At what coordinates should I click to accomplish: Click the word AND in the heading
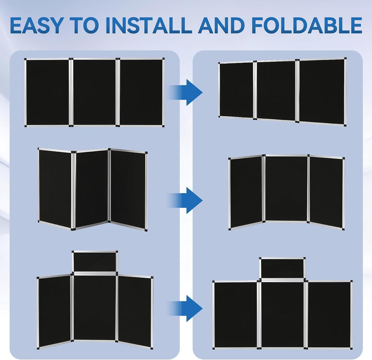221,25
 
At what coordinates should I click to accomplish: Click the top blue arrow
185,92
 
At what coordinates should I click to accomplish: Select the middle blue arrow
185,200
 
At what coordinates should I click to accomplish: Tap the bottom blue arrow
185,308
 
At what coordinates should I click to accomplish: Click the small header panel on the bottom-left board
95,261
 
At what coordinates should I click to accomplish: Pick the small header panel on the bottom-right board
282,268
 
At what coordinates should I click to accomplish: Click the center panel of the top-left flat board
94,92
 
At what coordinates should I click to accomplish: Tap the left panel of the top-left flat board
48,92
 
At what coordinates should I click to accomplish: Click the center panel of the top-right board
276,91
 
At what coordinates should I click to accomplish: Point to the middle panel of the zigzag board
92,189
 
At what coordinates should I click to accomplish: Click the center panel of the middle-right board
286,188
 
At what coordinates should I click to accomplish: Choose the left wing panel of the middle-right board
246,192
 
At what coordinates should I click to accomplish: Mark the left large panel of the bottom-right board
235,315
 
